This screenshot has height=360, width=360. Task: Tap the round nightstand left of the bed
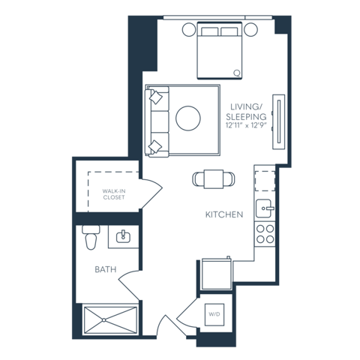(x=187, y=30)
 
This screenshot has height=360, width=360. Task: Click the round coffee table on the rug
(x=187, y=118)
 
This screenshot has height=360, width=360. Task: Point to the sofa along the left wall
(x=156, y=120)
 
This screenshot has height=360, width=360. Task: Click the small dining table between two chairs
(x=214, y=178)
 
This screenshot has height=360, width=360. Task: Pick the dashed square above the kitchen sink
(x=264, y=181)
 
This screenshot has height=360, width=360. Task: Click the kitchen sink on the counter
(x=264, y=207)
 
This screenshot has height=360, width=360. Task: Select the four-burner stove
(x=264, y=233)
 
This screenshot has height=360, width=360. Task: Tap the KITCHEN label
(x=224, y=215)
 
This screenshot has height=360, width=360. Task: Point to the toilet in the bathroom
(x=91, y=237)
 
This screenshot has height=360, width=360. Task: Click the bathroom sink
(x=123, y=237)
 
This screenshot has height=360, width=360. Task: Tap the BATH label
(x=104, y=268)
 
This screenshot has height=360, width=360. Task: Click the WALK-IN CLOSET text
(x=114, y=195)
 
